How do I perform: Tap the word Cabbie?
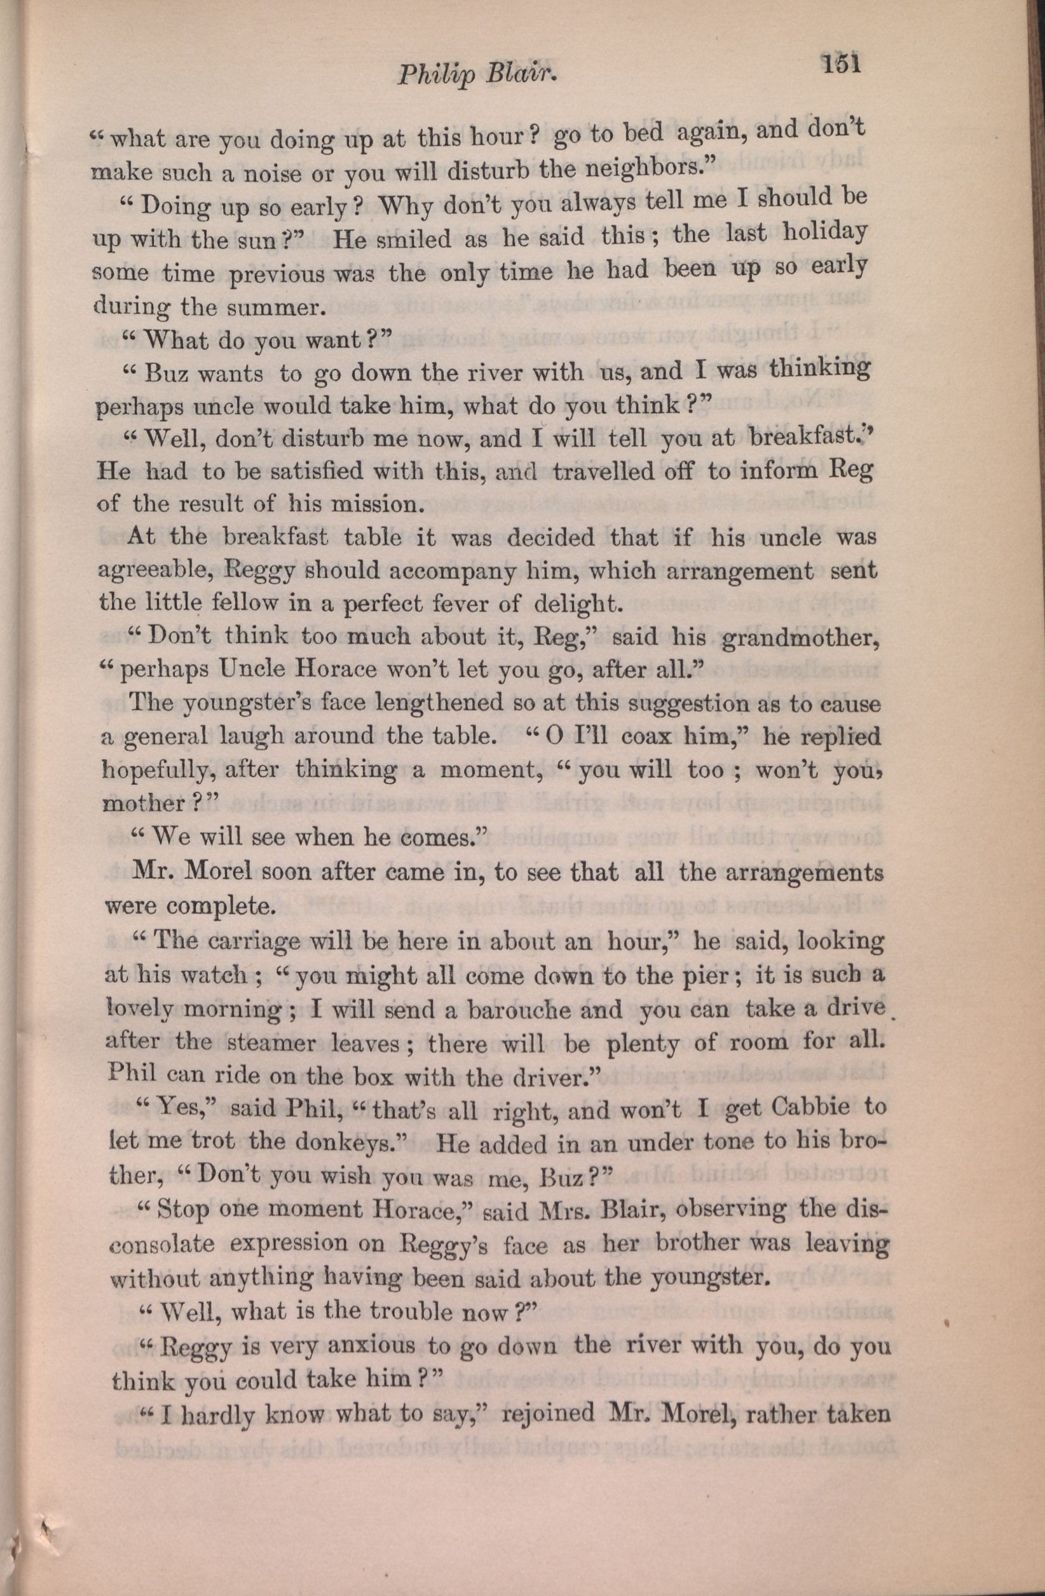[x=809, y=1111]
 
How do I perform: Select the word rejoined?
[x=548, y=1414]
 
